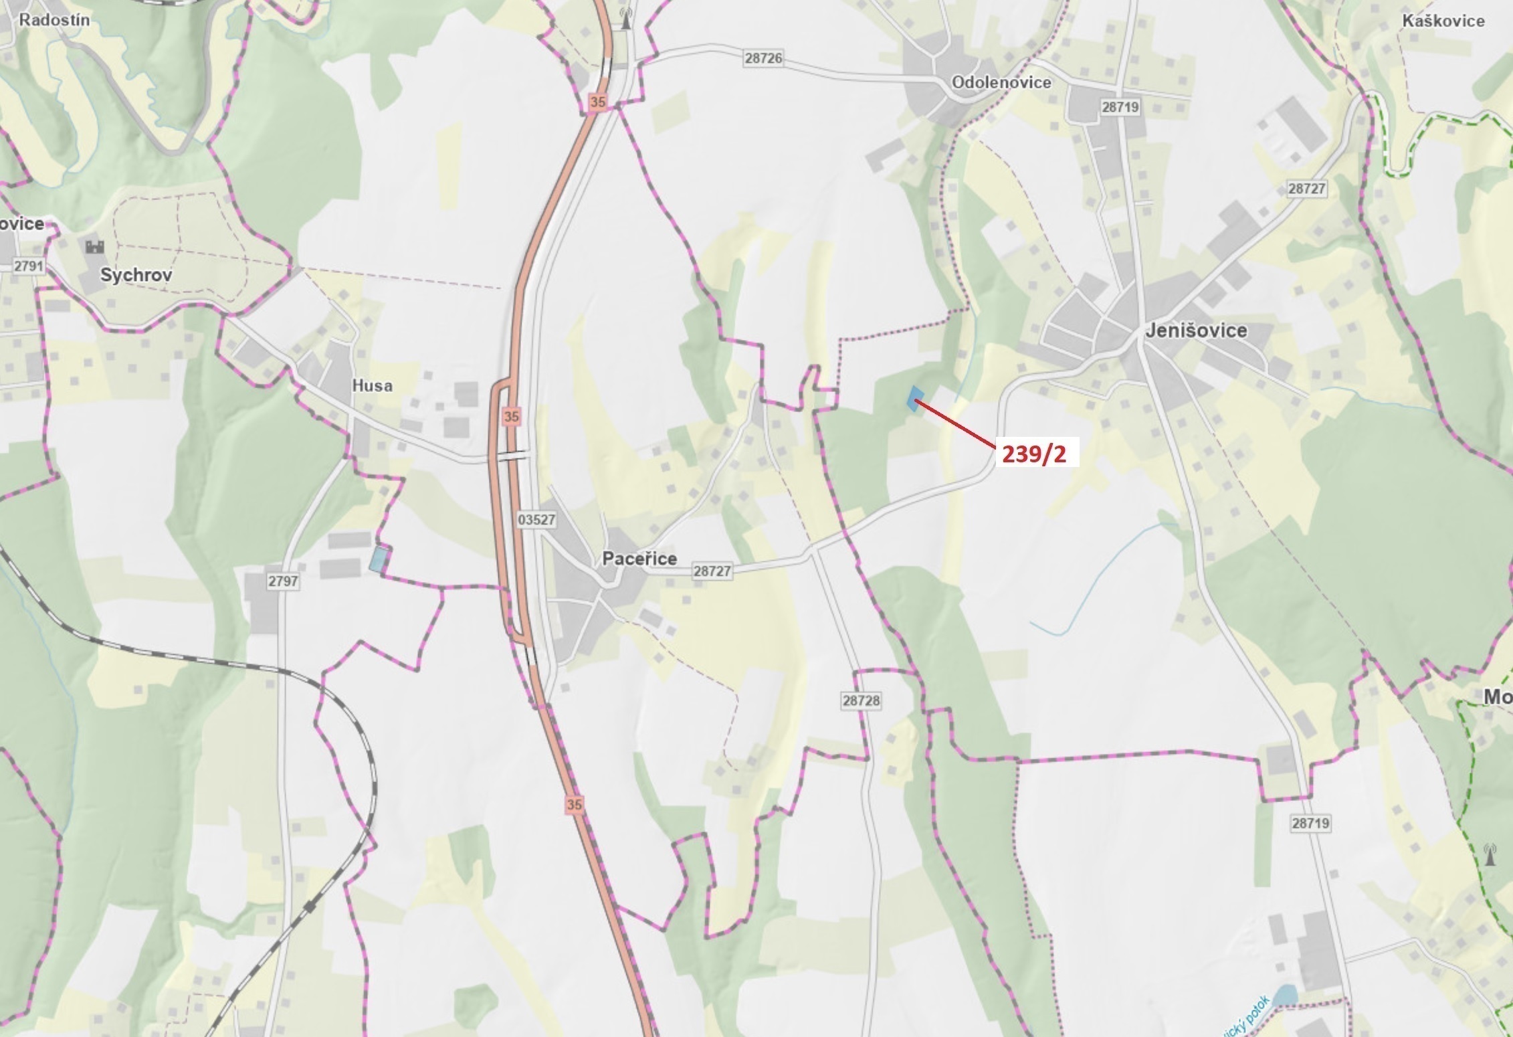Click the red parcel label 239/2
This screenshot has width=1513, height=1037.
point(1034,454)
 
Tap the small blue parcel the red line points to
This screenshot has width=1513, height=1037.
point(914,399)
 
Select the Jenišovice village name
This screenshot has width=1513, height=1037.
point(1196,331)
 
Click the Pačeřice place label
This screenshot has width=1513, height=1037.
point(639,559)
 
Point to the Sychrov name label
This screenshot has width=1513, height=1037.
point(136,275)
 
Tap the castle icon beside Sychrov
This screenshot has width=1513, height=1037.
point(95,247)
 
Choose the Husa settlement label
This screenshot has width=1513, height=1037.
point(372,385)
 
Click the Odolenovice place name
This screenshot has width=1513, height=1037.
point(1001,82)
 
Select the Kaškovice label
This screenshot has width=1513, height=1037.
point(1443,21)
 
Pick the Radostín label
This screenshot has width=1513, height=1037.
point(54,19)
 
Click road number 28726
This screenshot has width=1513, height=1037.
point(763,58)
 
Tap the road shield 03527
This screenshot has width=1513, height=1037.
point(536,519)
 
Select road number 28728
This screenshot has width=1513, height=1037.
point(862,700)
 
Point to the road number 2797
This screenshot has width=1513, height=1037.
point(282,581)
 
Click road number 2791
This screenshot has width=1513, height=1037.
point(29,266)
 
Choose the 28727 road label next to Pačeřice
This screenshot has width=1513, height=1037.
point(712,571)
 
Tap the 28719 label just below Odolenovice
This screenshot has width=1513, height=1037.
point(1120,107)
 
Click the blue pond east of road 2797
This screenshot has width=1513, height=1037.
point(379,559)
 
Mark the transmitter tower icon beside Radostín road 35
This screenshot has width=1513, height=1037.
point(626,19)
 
